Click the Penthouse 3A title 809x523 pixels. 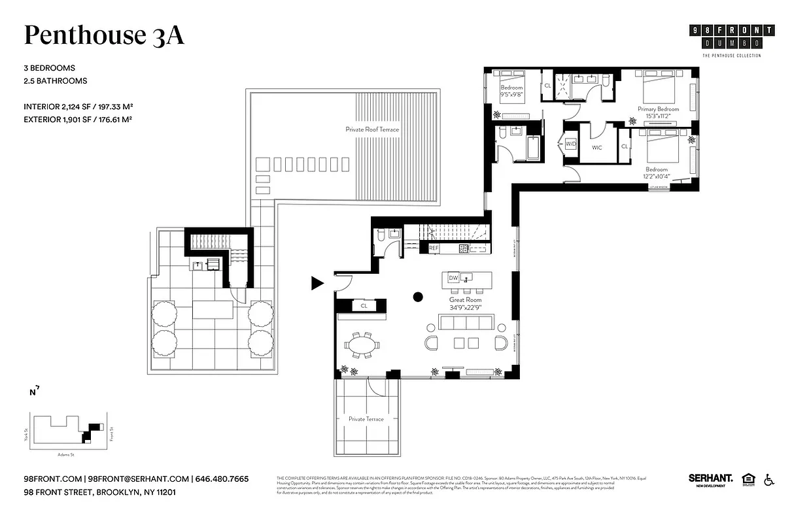coord(104,35)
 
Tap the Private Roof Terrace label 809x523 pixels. coord(372,129)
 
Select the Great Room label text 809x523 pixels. coord(465,299)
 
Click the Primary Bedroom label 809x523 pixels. coord(658,109)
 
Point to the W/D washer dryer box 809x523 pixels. coord(570,143)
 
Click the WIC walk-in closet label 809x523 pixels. coord(596,148)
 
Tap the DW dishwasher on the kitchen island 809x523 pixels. coord(453,278)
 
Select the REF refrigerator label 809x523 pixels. coord(433,248)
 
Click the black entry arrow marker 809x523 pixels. coord(317,283)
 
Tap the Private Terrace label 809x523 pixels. coord(366,419)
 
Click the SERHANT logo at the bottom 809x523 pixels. coord(710,479)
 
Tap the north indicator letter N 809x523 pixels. coord(32,393)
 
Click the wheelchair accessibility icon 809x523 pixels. coord(769,480)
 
